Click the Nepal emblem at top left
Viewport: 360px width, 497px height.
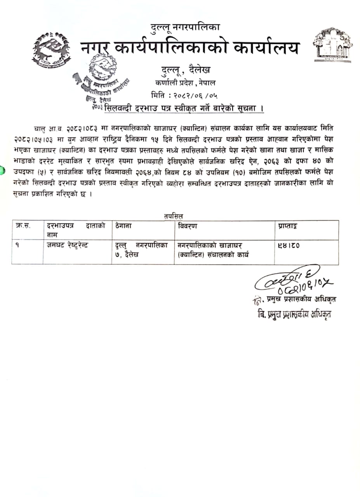(51, 50)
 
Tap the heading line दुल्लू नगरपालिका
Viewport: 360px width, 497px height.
(185, 28)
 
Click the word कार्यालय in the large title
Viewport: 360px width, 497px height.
(266, 48)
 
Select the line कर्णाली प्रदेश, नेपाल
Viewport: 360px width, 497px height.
(185, 83)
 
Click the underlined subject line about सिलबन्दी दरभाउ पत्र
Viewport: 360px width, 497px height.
(184, 108)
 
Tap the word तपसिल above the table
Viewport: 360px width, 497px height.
(174, 215)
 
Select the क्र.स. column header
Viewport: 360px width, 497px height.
(23, 226)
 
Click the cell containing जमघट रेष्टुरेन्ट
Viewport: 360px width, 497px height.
(67, 245)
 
